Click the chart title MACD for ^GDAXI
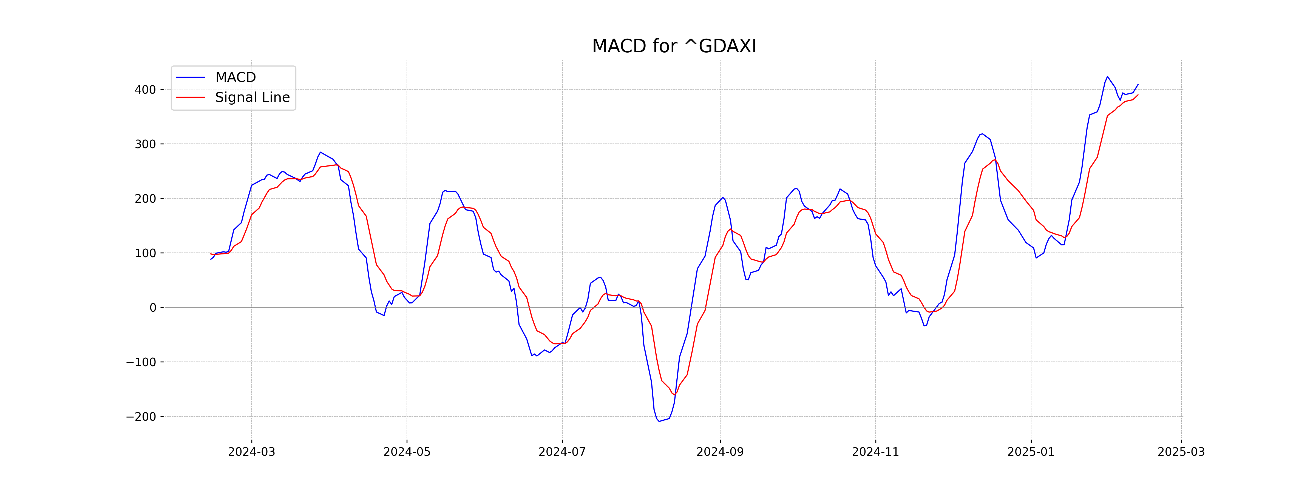click(x=674, y=47)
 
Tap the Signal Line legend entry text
click(x=252, y=98)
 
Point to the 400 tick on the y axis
click(x=145, y=90)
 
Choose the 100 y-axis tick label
click(x=145, y=253)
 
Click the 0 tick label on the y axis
click(x=153, y=308)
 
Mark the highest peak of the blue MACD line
click(x=1107, y=77)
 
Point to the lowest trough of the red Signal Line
click(x=675, y=394)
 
